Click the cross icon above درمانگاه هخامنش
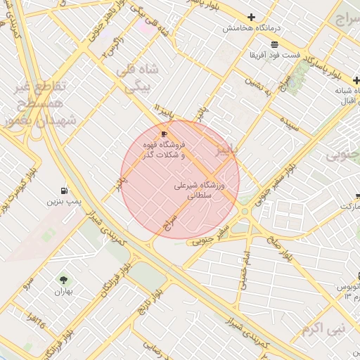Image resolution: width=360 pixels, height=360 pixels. (x=251, y=17)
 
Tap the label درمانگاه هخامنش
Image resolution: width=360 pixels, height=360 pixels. (x=251, y=29)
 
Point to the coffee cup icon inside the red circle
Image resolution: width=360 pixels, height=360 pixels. (x=164, y=134)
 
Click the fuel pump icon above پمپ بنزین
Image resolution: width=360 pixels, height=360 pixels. (x=65, y=191)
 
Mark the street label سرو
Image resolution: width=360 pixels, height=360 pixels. (x=28, y=282)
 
